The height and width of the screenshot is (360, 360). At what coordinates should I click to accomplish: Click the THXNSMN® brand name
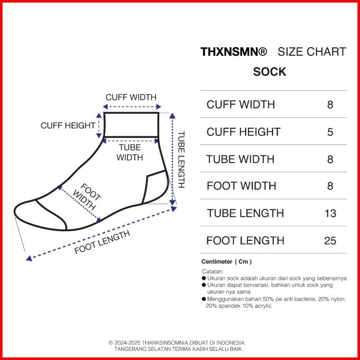233,52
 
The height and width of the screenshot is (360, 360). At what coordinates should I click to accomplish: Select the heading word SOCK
270,72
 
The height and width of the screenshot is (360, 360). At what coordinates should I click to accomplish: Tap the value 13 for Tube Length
330,213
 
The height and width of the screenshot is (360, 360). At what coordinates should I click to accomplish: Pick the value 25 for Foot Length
330,240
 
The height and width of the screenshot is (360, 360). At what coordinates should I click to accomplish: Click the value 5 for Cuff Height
330,132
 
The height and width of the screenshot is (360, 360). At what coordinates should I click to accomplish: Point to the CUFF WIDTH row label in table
240,104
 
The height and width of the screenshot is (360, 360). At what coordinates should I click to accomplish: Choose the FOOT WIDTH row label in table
241,186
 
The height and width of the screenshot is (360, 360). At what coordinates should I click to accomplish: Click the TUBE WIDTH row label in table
240,159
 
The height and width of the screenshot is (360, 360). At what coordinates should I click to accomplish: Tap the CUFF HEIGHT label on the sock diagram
68,125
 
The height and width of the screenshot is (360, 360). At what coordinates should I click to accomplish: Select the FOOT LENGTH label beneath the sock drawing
102,242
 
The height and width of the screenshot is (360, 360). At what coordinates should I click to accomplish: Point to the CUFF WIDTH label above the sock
131,97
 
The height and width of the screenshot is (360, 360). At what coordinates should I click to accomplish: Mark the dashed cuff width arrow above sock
131,107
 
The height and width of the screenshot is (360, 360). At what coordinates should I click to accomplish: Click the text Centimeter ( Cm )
227,262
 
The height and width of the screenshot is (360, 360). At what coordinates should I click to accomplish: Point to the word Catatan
212,271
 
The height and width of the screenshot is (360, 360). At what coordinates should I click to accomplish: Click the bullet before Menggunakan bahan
204,299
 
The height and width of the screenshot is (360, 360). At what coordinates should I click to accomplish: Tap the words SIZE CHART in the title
312,52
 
